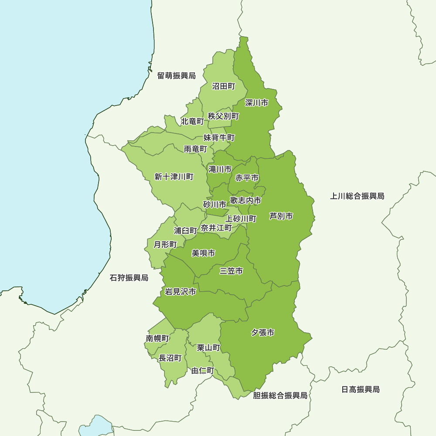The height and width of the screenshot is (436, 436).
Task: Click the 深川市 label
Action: tap(256, 103)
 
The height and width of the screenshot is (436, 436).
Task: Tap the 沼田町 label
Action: tap(224, 86)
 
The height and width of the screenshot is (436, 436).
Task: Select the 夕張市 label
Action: tap(263, 333)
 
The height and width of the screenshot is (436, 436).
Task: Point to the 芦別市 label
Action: tap(281, 216)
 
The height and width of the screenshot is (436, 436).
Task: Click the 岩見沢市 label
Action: tap(181, 292)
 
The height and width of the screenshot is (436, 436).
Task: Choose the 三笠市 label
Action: tap(231, 271)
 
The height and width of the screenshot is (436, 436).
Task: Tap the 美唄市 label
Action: tap(203, 253)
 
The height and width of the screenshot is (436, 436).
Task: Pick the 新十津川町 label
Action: tap(174, 177)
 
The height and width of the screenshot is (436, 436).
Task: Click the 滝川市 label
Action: tap(220, 169)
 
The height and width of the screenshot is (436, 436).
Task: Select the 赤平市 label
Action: tap(247, 178)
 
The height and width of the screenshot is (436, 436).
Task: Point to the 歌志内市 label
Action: tap(246, 200)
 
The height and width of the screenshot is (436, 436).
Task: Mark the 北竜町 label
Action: tap(192, 121)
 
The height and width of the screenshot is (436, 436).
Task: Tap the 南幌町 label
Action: tap(157, 338)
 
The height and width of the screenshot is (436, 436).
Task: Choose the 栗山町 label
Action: tap(208, 347)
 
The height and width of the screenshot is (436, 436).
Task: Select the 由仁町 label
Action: tap(203, 371)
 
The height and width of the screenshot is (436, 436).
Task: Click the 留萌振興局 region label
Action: tap(177, 76)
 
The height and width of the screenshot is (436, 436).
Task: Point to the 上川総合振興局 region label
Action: tap(357, 196)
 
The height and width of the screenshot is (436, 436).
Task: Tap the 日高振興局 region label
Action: tap(361, 389)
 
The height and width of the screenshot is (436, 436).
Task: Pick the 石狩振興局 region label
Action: tap(129, 278)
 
